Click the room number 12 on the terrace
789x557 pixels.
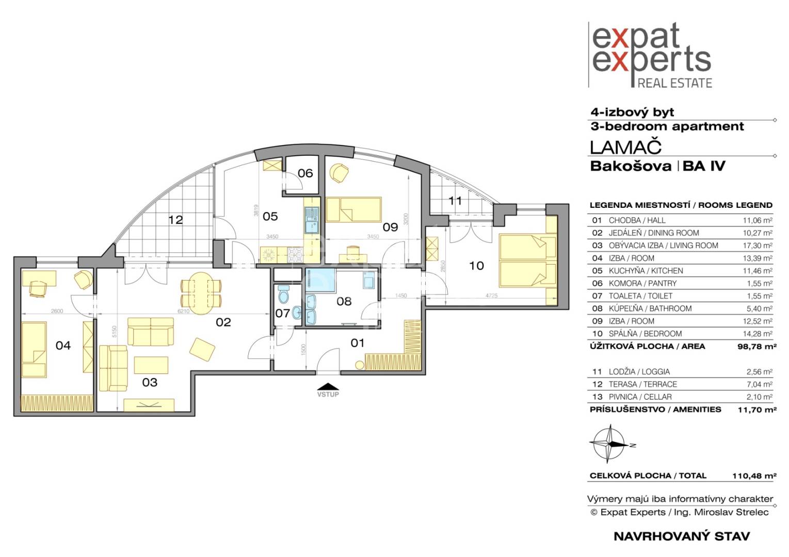175,220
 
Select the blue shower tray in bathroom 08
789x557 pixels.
320,280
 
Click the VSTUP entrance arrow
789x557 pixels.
328,386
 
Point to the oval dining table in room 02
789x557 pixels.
201,293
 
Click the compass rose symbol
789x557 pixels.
610,444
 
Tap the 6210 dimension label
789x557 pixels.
184,311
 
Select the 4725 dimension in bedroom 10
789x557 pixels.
491,296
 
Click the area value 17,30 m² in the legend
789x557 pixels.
758,245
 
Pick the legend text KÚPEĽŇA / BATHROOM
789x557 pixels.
650,308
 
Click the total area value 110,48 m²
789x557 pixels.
754,476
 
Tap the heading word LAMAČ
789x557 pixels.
625,148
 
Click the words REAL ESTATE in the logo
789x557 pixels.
675,83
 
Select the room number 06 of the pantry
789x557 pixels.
305,173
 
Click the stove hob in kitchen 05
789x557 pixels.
295,254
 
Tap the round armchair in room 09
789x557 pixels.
339,173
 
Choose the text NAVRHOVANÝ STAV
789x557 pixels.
682,536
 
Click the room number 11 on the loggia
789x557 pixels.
455,201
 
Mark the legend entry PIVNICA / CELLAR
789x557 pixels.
640,397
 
